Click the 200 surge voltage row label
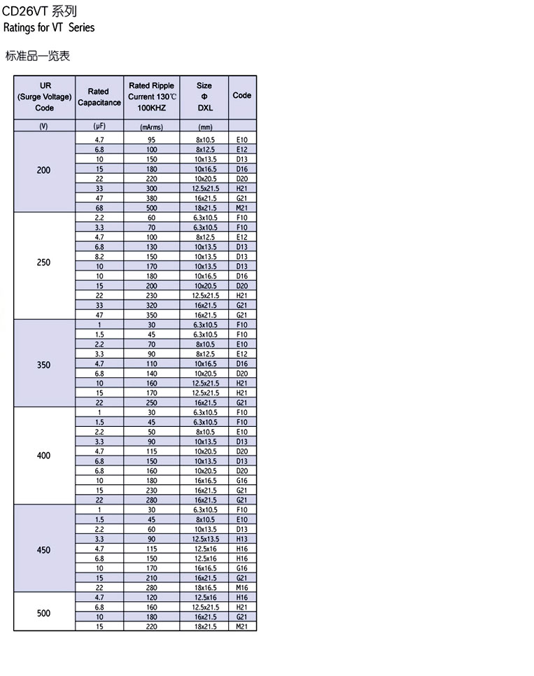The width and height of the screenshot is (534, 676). (43, 170)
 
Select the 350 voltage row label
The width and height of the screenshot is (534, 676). (43, 365)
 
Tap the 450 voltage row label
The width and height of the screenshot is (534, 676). (43, 550)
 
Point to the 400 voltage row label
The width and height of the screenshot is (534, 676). (43, 456)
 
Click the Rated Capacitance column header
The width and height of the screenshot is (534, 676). (99, 97)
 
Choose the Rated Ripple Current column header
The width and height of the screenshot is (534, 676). (151, 97)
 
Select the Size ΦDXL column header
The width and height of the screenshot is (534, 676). (204, 97)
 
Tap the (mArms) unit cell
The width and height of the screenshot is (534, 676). (151, 127)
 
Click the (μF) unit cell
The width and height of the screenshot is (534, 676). (99, 126)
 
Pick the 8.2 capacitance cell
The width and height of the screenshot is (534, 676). (99, 257)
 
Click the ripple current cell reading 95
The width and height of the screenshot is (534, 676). (151, 140)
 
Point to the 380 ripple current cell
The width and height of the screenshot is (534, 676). (151, 199)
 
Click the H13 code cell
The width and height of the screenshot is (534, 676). (242, 540)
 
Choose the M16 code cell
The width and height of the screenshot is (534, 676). (242, 588)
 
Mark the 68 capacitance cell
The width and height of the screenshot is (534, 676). (99, 208)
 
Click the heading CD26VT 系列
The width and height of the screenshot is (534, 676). (39, 11)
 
